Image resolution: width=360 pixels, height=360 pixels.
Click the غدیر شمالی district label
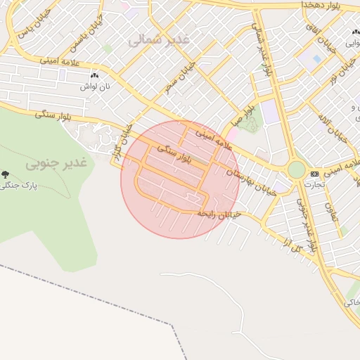159,40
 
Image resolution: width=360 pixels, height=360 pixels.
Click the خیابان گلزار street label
122,141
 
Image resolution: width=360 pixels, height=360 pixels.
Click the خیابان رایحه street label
219,213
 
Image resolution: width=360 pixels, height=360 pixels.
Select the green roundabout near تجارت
297,170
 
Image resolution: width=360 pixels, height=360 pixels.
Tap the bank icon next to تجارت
314,174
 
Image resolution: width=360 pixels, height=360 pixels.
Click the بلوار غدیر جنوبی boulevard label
310,225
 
